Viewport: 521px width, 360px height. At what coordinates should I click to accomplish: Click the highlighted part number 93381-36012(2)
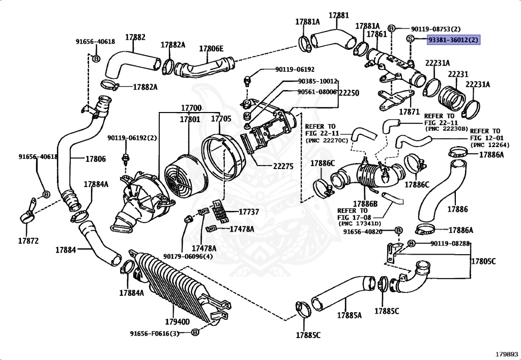[x=453, y=40]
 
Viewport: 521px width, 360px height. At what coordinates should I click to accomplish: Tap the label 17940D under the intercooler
[x=178, y=321]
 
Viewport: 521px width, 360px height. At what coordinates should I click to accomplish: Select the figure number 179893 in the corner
[x=507, y=354]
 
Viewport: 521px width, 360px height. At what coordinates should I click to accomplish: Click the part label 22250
[x=349, y=93]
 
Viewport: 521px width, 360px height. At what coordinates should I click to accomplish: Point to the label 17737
[x=249, y=212]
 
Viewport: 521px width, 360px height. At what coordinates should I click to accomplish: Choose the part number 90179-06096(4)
[x=188, y=257]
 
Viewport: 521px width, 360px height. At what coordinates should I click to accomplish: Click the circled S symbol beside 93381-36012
[x=410, y=39]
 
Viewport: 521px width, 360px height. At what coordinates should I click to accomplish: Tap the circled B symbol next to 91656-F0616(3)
[x=195, y=332]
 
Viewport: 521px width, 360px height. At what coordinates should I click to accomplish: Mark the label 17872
[x=28, y=241]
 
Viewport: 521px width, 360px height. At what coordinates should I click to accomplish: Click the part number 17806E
[x=211, y=49]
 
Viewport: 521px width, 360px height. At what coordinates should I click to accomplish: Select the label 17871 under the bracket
[x=410, y=112]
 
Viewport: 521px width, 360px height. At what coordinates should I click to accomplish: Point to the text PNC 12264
[x=491, y=145]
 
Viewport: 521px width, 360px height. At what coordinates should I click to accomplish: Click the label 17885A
[x=349, y=315]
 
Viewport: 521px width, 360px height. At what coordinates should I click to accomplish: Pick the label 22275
[x=283, y=166]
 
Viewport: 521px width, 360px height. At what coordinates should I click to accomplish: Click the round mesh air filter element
[x=183, y=176]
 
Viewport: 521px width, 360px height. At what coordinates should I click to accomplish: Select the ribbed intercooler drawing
[x=180, y=286]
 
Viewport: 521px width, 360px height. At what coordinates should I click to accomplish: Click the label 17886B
[x=365, y=204]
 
